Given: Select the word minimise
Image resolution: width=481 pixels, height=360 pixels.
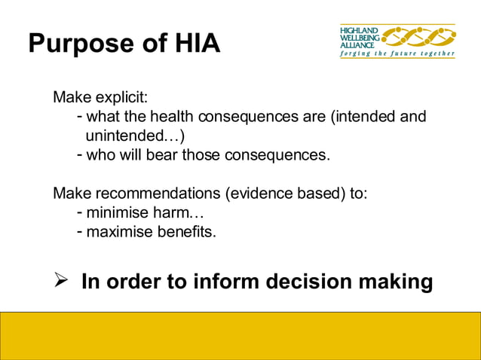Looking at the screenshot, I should click(x=118, y=212).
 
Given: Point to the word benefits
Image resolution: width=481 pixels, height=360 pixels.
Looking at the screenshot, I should click(x=186, y=231).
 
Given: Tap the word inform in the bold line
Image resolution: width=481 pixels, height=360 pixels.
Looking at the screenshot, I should click(x=223, y=282).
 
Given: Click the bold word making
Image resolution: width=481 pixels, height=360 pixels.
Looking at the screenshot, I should click(x=398, y=282).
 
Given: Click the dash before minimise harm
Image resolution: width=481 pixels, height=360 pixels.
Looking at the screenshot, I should click(x=80, y=212).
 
